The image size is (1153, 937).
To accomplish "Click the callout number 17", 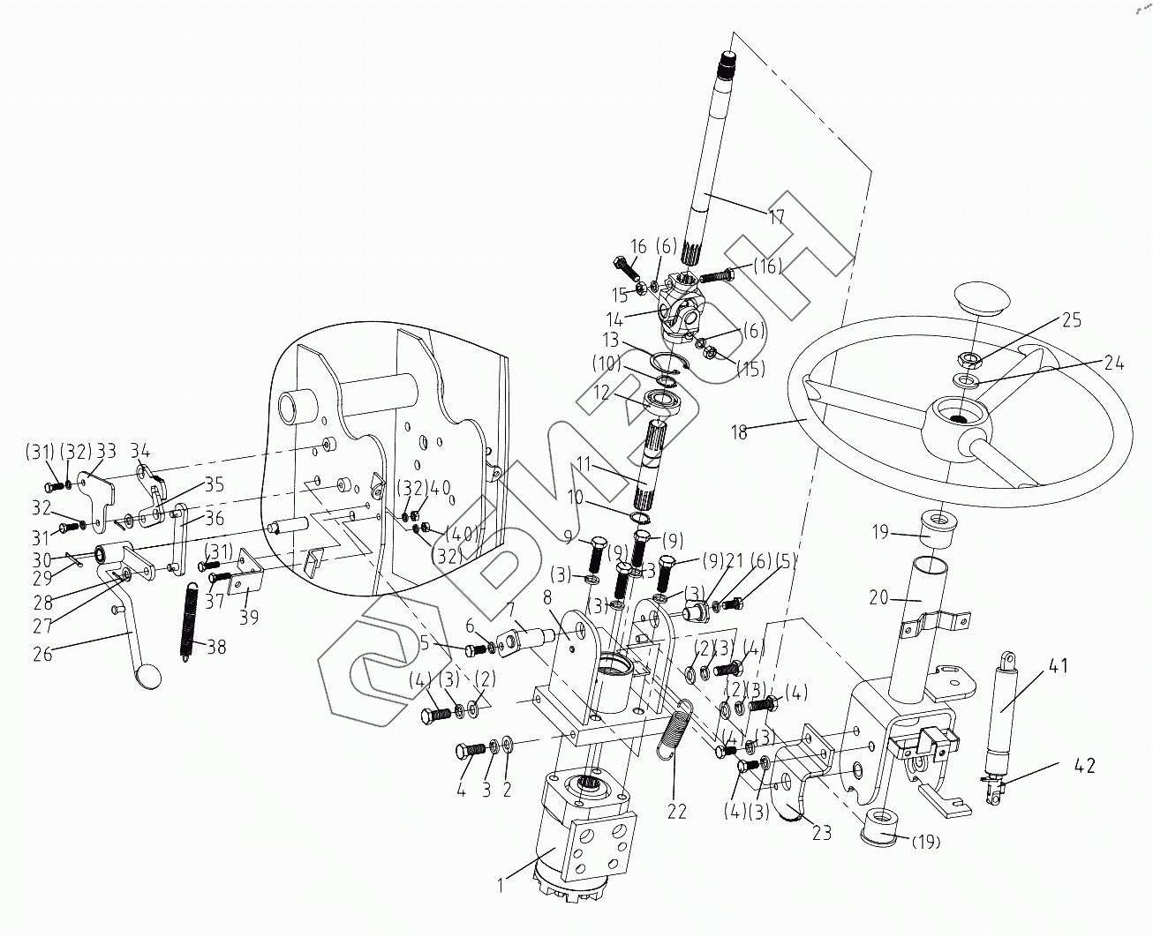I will [777, 216].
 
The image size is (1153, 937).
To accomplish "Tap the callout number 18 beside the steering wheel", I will [740, 432].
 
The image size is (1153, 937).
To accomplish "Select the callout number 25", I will [1071, 319].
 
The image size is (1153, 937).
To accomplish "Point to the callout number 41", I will [1059, 665].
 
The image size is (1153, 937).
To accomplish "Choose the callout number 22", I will [676, 811].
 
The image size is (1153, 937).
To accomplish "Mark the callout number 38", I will [216, 646].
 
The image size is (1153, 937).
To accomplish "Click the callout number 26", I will [41, 654].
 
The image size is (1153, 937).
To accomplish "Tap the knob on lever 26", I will [147, 678].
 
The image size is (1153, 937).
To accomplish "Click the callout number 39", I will [249, 617].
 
